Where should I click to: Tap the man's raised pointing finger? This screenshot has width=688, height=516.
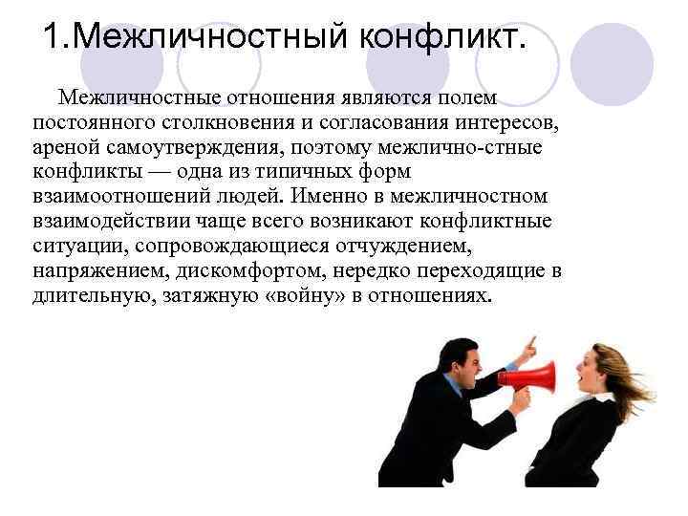[531, 342]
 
